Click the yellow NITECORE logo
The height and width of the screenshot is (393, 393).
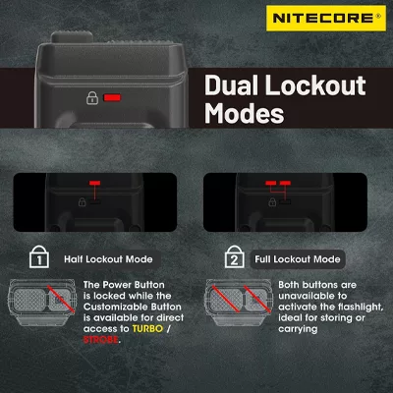click(326, 18)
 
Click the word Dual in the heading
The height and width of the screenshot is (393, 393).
click(232, 85)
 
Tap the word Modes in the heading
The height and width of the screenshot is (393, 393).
click(245, 113)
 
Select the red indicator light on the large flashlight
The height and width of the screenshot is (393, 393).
click(112, 97)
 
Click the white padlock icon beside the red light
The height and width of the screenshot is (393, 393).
click(92, 98)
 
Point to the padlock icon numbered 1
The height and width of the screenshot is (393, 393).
click(39, 257)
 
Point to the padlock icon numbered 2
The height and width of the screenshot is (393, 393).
click(235, 257)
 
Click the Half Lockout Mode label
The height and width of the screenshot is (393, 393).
click(108, 259)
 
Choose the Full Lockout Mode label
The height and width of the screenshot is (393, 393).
click(298, 259)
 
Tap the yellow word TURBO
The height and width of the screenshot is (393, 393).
click(147, 328)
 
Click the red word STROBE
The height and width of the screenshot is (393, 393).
click(101, 340)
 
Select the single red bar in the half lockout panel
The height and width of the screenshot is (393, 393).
click(95, 183)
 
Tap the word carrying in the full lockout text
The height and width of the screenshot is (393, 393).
click(298, 329)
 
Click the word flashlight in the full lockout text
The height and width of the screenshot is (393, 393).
click(361, 307)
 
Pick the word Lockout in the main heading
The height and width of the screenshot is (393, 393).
click(315, 85)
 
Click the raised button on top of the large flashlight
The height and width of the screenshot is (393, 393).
click(72, 37)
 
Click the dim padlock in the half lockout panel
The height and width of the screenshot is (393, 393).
click(82, 202)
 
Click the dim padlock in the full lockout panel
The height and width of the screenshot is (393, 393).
click(272, 202)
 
